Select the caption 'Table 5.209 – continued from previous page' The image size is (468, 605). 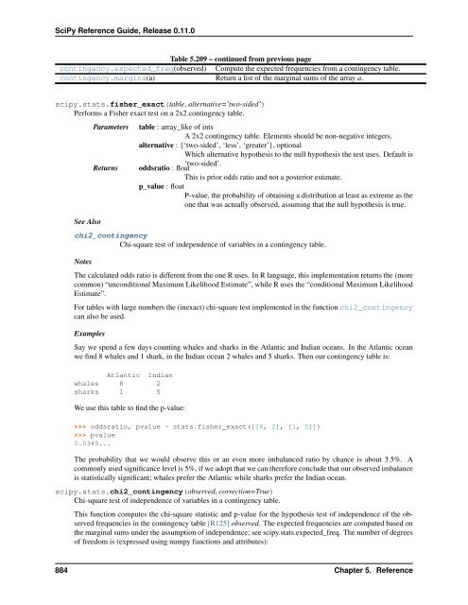[x=234, y=58]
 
